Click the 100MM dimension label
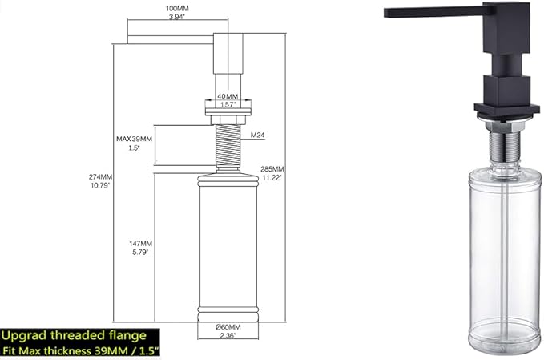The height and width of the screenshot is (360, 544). pos(177,9)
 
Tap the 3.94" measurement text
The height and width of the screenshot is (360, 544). pos(176,17)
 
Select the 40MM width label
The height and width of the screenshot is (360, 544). pos(228,96)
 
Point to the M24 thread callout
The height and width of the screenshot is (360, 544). pos(257,135)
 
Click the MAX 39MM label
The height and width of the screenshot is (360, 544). pos(134,139)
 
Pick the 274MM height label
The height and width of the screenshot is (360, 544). pos(100,177)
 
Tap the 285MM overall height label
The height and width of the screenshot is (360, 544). pos(272,169)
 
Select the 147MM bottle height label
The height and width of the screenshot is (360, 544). pos(140,244)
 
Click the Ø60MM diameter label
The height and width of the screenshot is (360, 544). pos(228,327)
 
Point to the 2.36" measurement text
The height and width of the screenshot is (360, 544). pos(228,335)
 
